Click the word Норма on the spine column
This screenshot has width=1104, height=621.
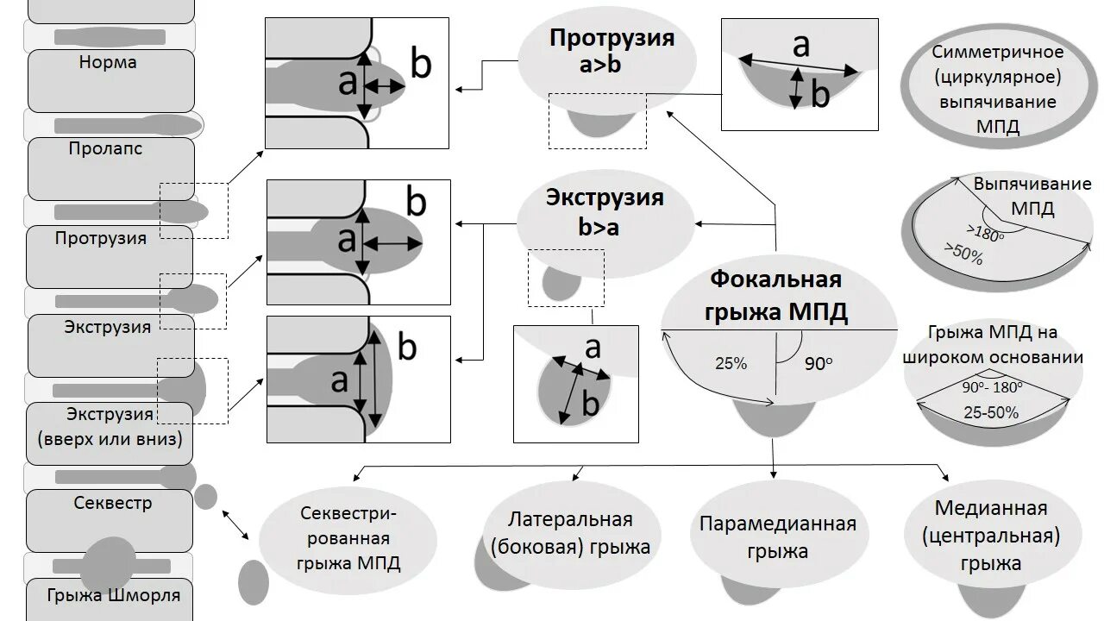pyautogui.click(x=108, y=63)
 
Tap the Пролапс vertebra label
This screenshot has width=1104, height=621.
pyautogui.click(x=105, y=148)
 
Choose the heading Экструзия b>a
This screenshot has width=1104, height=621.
pyautogui.click(x=605, y=212)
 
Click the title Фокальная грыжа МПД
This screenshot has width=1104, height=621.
pyautogui.click(x=775, y=296)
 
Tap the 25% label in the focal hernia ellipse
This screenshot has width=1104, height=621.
pyautogui.click(x=731, y=364)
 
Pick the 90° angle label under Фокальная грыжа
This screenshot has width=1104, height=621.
pyautogui.click(x=819, y=364)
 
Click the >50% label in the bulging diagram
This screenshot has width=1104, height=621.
pyautogui.click(x=963, y=254)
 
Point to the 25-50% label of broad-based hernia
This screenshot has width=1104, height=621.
pyautogui.click(x=991, y=413)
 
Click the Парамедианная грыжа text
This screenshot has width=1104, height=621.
pyautogui.click(x=777, y=537)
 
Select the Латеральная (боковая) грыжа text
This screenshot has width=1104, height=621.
pyautogui.click(x=570, y=533)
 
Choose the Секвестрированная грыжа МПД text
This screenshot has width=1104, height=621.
pyautogui.click(x=348, y=538)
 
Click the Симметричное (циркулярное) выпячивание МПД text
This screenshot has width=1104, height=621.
pyautogui.click(x=997, y=90)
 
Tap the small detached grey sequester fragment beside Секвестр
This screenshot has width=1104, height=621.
pyautogui.click(x=205, y=496)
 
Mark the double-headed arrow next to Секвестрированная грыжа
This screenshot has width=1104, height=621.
pyautogui.click(x=235, y=525)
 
